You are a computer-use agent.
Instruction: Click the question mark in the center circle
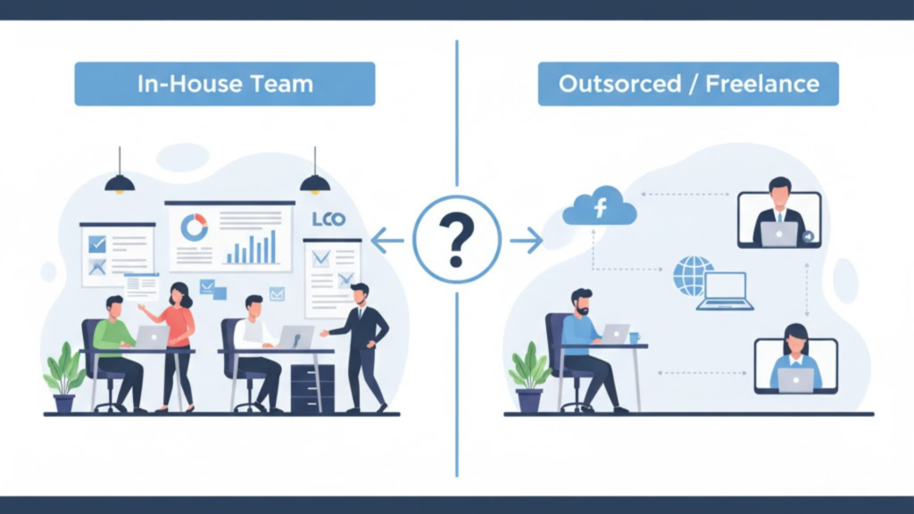(x=456, y=240)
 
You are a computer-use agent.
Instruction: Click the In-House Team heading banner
(x=225, y=84)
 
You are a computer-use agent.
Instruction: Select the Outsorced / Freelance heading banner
(x=688, y=84)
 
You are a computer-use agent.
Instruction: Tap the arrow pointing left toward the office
(x=387, y=241)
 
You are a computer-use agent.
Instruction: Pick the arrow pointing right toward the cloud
(x=527, y=240)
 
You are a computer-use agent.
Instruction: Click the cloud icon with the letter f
(x=600, y=206)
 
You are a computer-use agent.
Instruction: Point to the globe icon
(x=693, y=276)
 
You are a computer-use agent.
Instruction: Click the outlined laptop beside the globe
(x=725, y=291)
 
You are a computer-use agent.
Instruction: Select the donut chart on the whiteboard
(x=194, y=228)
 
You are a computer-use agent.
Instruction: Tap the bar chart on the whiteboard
(x=251, y=247)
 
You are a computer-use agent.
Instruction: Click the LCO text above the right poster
(x=328, y=220)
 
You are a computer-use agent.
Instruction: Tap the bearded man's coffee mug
(x=635, y=337)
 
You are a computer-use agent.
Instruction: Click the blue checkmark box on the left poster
(x=96, y=244)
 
